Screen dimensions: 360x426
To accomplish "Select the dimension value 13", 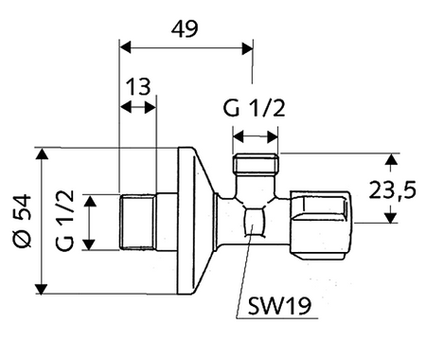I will pyautogui.click(x=138, y=88).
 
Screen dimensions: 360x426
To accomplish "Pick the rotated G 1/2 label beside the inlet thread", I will pyautogui.click(x=64, y=223).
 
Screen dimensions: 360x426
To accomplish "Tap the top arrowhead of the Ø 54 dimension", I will pyautogui.click(x=42, y=153).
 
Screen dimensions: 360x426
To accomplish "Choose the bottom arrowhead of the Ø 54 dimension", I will pyautogui.click(x=42, y=289).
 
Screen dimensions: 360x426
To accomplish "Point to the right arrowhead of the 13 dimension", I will pyautogui.click(x=153, y=109).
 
